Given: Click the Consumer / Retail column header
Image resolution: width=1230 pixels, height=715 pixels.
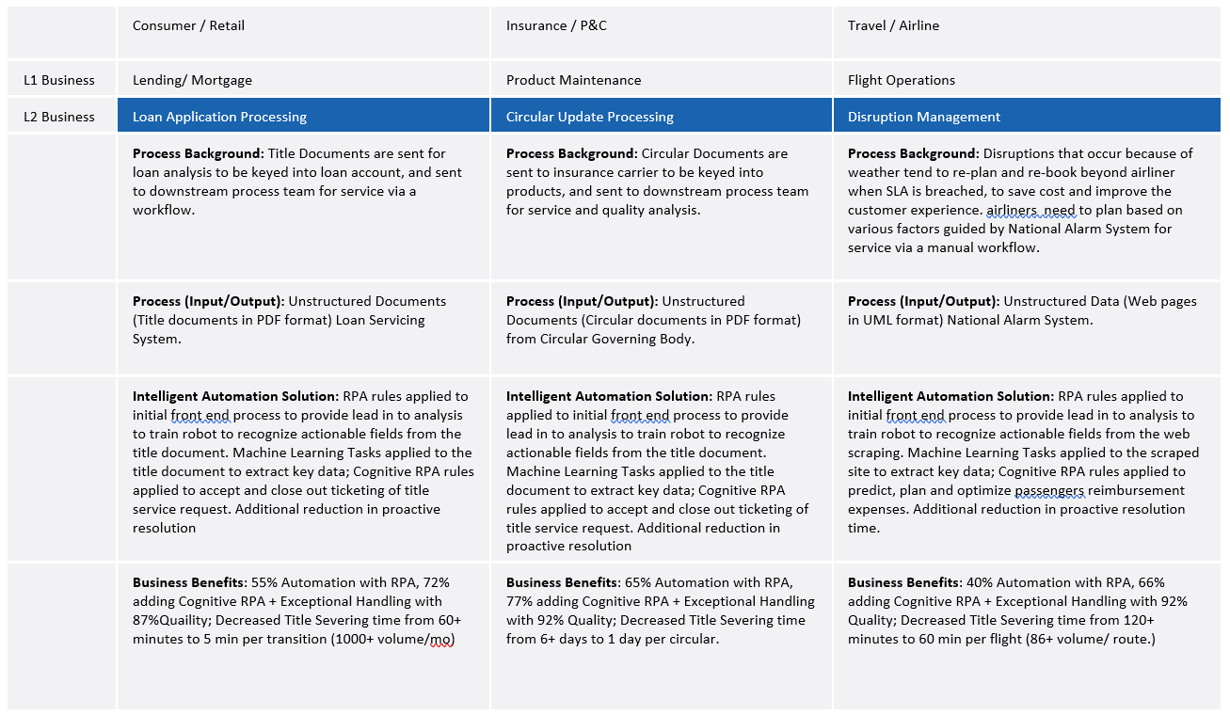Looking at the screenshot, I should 188,25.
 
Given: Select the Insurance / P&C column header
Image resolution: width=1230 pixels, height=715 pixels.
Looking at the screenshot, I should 556,25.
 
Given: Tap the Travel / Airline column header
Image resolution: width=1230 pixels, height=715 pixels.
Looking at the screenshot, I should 893,25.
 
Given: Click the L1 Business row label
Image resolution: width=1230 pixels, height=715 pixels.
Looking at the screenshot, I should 59,80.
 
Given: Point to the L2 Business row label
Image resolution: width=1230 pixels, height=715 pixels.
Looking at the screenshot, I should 59,117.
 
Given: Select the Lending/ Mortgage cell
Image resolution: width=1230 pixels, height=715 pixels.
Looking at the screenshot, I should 192,80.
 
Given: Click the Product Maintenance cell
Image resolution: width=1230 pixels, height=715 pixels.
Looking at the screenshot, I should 573,80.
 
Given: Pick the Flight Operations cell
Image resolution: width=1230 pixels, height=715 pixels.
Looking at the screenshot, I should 901,80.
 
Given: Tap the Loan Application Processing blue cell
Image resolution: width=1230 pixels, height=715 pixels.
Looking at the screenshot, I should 219,117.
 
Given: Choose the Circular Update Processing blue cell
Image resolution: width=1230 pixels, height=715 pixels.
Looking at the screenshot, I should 589,117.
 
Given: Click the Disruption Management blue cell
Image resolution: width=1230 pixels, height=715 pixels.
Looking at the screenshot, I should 923,117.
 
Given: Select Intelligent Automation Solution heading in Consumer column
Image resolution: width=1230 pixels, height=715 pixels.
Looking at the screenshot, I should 235,396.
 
